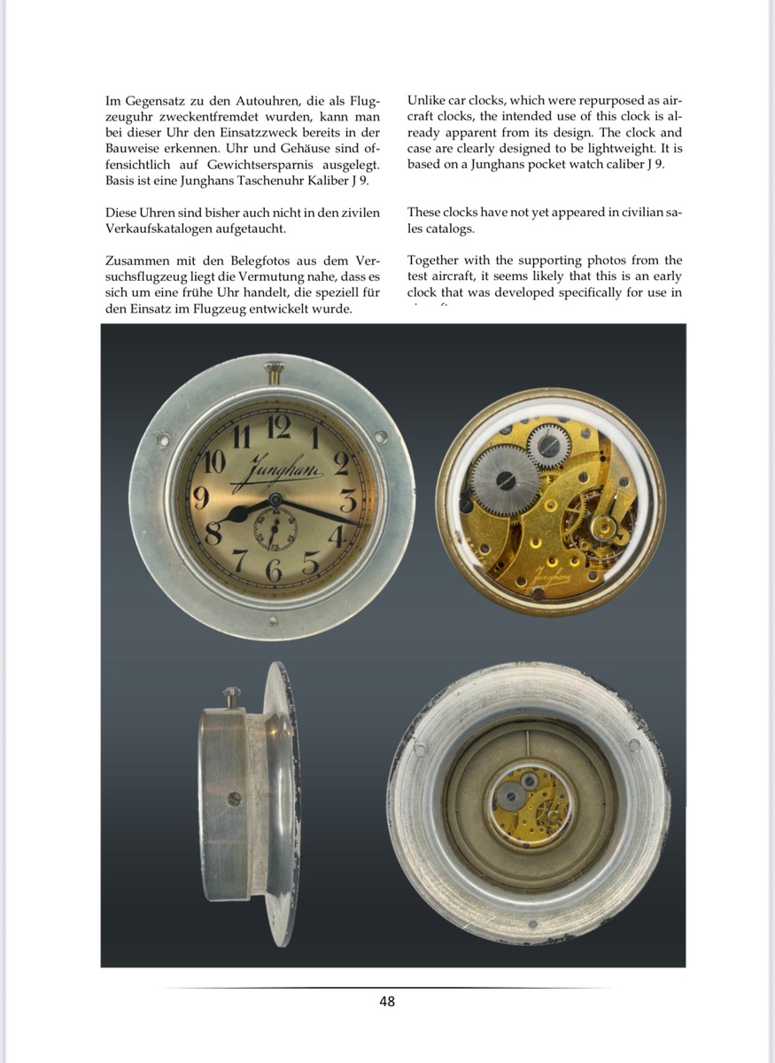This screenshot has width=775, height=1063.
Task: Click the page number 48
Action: point(387,1002)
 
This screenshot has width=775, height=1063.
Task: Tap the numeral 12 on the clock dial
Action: point(278,426)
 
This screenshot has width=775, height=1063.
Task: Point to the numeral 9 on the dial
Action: point(202,498)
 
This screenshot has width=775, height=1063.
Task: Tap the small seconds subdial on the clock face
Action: point(275,530)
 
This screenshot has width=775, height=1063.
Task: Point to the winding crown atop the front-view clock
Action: point(272,370)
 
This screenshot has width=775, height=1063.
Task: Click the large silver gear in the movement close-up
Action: point(505,479)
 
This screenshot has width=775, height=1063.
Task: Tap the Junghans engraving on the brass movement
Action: point(550,577)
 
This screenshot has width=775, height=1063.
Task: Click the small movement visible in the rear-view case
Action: point(530,803)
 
